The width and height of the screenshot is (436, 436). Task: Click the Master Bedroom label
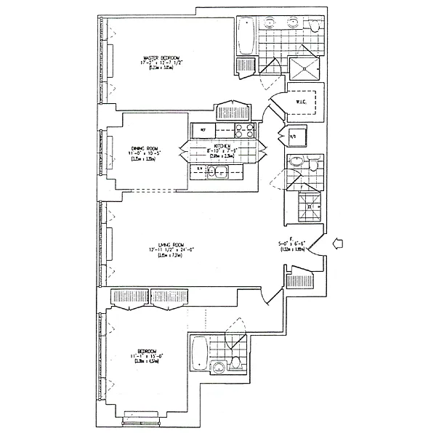pos(161,57)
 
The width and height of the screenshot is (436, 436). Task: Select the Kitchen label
pos(224,147)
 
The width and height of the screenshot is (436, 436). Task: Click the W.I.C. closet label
pos(304,103)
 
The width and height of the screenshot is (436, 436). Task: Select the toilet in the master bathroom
pos(314,26)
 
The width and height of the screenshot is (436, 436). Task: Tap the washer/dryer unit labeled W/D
pos(294,136)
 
